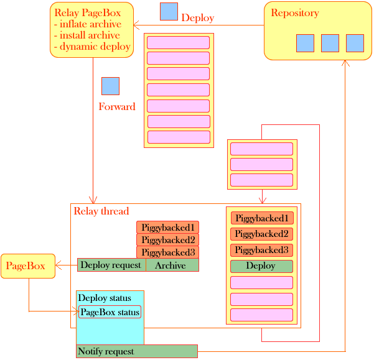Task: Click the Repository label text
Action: click(x=295, y=13)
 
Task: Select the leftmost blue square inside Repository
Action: click(x=305, y=43)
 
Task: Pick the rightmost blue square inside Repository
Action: click(x=355, y=43)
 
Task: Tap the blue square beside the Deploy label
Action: click(x=169, y=12)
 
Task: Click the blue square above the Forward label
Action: click(x=110, y=86)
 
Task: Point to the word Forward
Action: click(x=117, y=107)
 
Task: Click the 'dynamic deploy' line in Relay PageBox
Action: click(x=95, y=47)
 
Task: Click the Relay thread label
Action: click(x=101, y=211)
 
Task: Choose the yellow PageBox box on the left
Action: click(x=27, y=266)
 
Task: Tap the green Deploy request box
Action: click(x=111, y=265)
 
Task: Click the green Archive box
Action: click(x=171, y=265)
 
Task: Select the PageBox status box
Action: click(x=110, y=312)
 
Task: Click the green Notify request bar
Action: click(x=137, y=351)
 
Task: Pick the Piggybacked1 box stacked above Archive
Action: click(x=167, y=228)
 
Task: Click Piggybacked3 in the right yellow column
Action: click(x=261, y=250)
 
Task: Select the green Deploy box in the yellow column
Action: click(x=261, y=266)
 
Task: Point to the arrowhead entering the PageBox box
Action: click(x=58, y=266)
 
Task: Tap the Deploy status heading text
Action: click(x=105, y=298)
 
